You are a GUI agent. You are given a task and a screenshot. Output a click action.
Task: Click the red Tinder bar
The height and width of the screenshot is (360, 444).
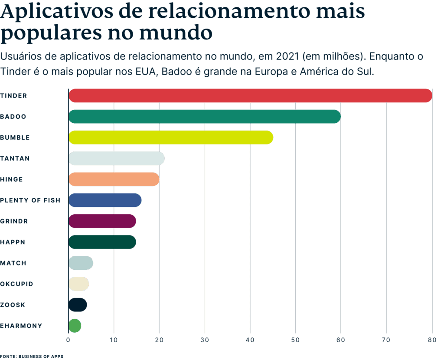(x=250, y=95)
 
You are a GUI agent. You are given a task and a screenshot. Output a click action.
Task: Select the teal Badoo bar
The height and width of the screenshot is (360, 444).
(x=205, y=117)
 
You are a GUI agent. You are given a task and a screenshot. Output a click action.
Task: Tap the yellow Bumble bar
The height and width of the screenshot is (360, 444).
(x=171, y=137)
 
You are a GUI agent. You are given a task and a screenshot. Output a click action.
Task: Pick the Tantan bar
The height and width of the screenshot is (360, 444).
(x=117, y=158)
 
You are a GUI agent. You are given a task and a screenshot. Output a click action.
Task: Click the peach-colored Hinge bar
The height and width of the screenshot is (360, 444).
(x=114, y=179)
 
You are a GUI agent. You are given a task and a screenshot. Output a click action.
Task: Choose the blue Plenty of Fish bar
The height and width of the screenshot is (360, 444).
(x=105, y=200)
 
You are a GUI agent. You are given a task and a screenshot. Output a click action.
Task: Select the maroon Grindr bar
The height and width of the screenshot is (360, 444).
(x=102, y=221)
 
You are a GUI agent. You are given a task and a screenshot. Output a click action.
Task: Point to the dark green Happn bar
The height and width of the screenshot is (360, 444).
(x=102, y=242)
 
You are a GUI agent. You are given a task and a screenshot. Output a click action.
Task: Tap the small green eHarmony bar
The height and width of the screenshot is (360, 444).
(x=75, y=325)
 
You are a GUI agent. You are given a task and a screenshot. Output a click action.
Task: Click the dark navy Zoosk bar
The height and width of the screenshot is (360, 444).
(x=78, y=305)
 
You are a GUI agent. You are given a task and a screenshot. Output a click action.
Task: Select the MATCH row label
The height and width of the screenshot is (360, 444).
(x=13, y=263)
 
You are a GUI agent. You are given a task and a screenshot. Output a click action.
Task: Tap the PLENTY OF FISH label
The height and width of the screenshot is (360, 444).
(x=30, y=200)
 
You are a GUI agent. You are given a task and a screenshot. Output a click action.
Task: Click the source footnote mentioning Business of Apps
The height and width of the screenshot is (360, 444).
(x=32, y=356)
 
